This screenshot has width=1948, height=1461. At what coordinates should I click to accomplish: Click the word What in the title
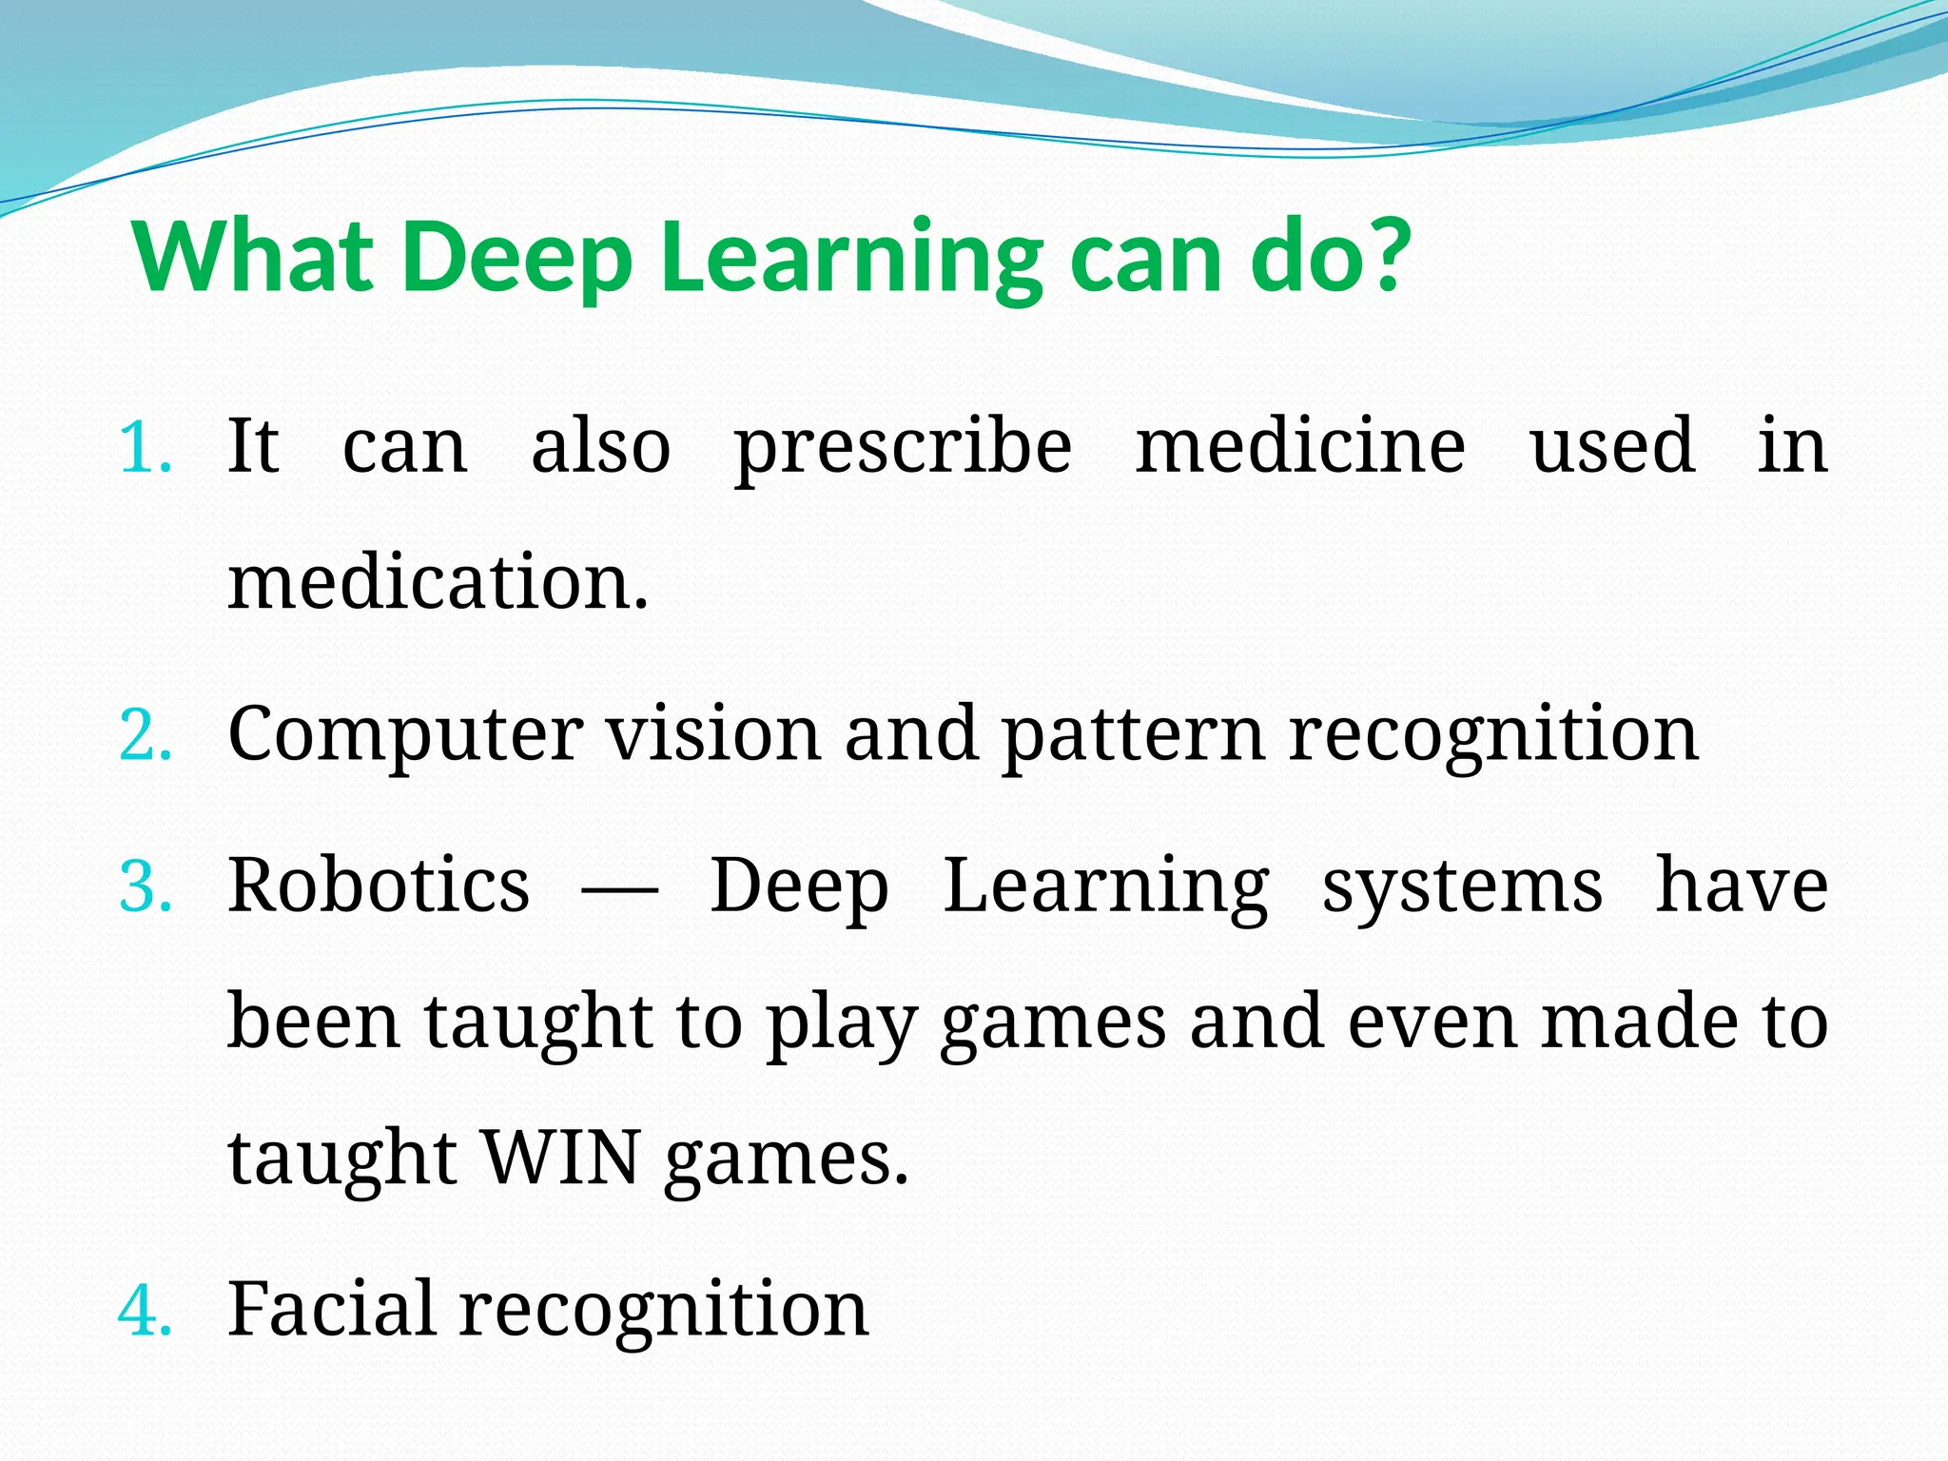coord(253,257)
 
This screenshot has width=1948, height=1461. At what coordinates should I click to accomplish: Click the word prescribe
coord(903,448)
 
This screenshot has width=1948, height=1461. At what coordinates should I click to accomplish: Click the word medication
coord(438,582)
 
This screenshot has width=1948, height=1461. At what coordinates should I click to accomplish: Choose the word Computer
coord(405,736)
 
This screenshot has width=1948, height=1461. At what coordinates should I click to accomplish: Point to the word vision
coord(713,734)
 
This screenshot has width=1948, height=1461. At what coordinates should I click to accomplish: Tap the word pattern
coord(1133,736)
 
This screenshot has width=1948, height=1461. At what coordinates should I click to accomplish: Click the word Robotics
coord(379,886)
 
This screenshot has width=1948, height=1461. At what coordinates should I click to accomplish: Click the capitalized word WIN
coord(561,1159)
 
